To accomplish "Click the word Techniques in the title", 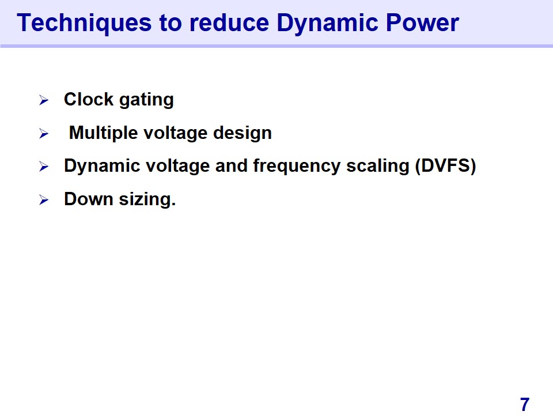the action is tap(84, 23).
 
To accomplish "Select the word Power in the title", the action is tap(422, 23).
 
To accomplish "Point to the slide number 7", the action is tap(524, 404).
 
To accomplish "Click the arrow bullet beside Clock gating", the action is tap(44, 100).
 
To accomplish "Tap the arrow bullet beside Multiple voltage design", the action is tap(44, 133).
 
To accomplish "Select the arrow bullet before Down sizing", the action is tap(44, 200).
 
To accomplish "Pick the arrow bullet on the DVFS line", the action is tap(44, 166).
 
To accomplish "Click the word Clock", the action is tap(89, 99).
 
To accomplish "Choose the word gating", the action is tap(146, 100).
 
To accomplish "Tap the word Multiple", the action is tap(103, 133).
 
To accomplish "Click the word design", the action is tap(243, 133).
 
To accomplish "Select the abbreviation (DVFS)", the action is tap(445, 166).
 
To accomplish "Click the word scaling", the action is tap(378, 167).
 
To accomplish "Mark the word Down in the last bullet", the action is tap(89, 199).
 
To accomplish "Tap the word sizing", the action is tap(147, 200).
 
